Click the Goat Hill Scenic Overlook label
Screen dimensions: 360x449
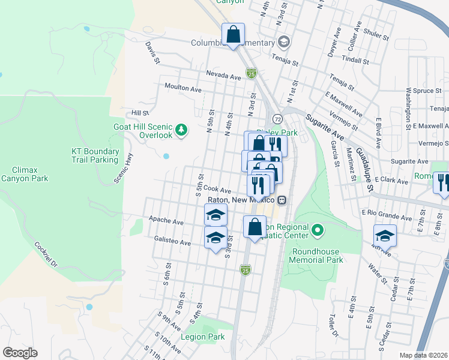coord(143,131)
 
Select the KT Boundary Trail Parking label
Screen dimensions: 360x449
coord(95,155)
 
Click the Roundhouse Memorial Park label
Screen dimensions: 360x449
coord(316,256)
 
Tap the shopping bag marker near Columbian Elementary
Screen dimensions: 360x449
coord(233,34)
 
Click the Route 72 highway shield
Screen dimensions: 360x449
coord(277,118)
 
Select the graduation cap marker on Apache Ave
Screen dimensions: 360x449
coord(215,215)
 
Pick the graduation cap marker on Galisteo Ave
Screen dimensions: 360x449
coord(215,237)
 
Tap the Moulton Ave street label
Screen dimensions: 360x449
coord(183,88)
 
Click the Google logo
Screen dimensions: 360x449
coord(20,353)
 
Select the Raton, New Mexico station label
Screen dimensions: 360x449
coord(241,200)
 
